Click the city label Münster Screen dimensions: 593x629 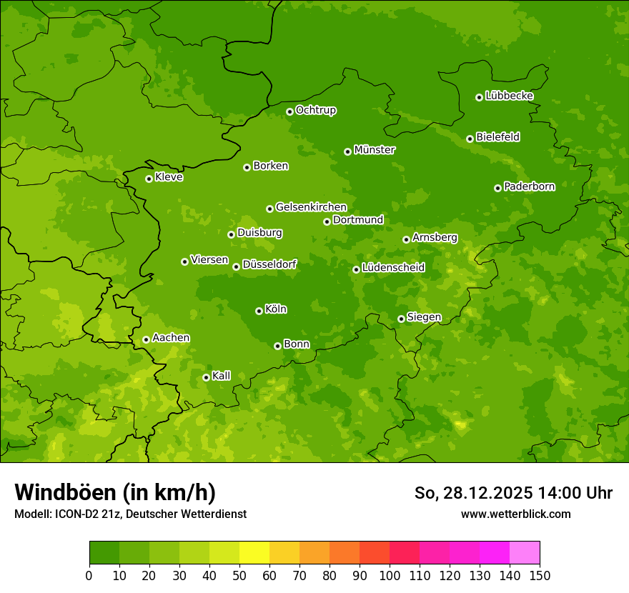tap(375, 150)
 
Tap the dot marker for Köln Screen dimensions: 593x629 tap(259, 311)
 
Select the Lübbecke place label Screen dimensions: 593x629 tap(509, 96)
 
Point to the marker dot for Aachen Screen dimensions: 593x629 tap(146, 339)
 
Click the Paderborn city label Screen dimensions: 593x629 tap(529, 186)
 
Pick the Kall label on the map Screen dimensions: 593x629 tap(222, 376)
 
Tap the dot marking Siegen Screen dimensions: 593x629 tap(401, 319)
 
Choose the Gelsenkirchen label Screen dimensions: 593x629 tap(311, 207)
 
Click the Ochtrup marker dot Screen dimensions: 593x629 tap(289, 111)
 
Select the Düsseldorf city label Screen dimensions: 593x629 tap(269, 264)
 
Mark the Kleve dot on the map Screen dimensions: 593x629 tap(149, 179)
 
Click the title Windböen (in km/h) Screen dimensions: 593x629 tap(115, 492)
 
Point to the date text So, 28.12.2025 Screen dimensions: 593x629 tap(472, 493)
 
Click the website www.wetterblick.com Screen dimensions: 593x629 tap(515, 514)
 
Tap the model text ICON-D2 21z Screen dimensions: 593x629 tap(84, 514)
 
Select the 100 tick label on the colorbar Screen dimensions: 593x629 tap(389, 575)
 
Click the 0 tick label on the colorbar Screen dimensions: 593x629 tap(89, 575)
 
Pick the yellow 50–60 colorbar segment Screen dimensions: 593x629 tap(254, 553)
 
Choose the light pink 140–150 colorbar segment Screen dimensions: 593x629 tap(525, 553)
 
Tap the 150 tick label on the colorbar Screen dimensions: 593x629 tap(540, 575)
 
